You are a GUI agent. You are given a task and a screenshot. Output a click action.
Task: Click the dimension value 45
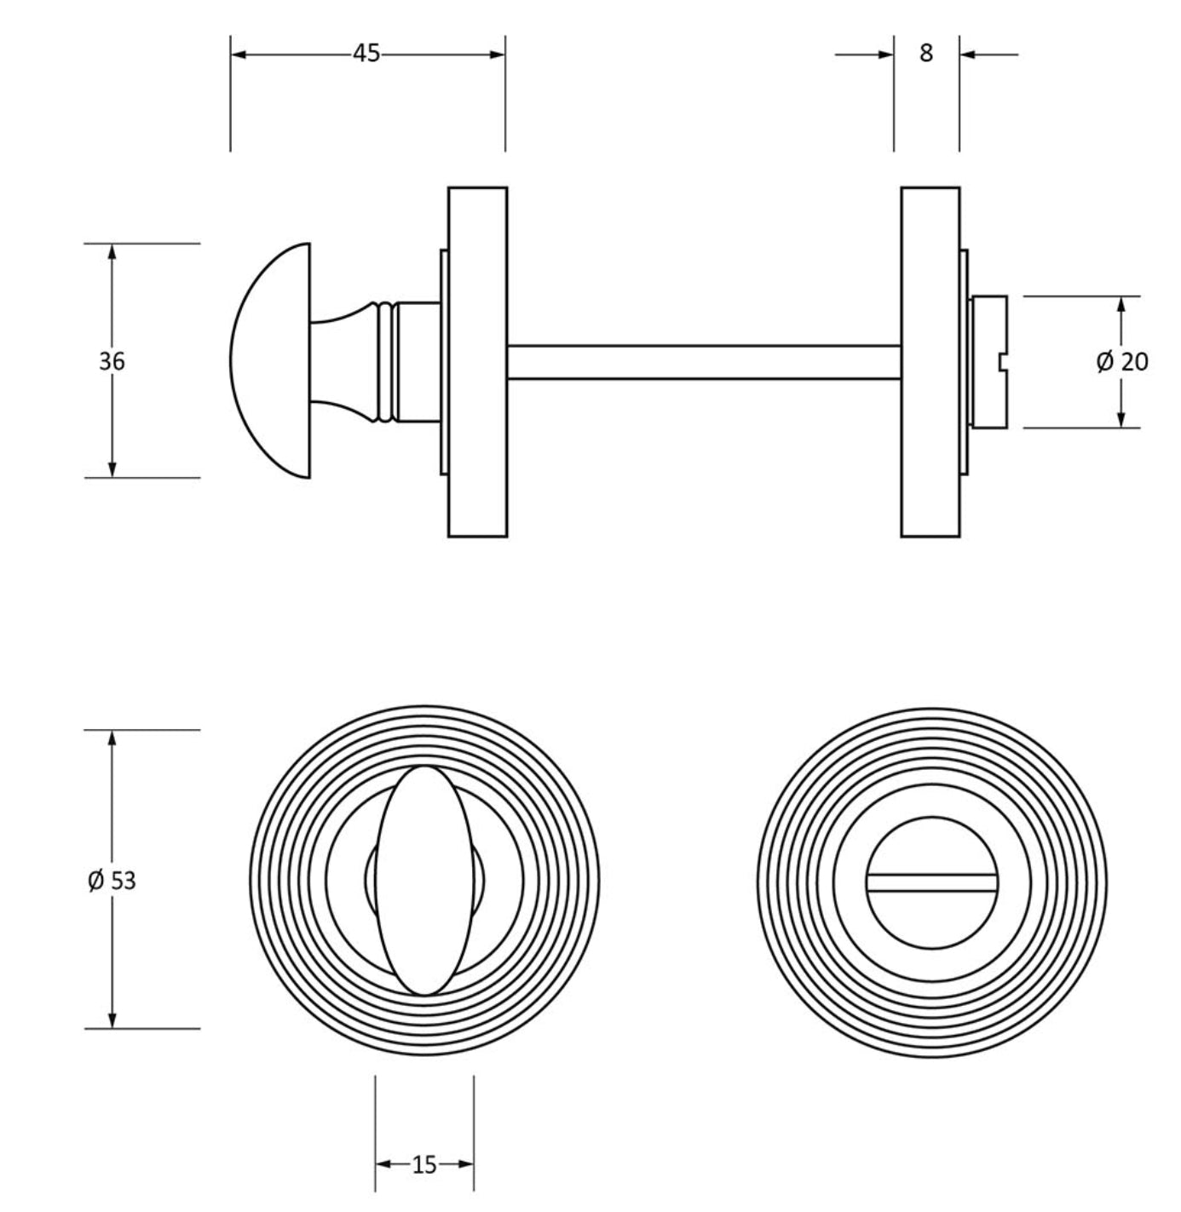click(366, 54)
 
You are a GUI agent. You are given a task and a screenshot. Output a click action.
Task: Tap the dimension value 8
click(926, 54)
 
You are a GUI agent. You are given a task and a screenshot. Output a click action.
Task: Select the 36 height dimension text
click(112, 361)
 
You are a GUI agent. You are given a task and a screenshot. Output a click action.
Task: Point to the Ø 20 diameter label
click(1122, 362)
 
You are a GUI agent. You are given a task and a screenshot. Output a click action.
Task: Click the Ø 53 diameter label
click(112, 881)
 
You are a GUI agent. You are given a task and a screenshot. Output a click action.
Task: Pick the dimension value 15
click(424, 1164)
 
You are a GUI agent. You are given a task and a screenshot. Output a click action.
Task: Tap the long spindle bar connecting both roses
click(704, 362)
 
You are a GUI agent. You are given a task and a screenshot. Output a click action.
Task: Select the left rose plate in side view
click(477, 362)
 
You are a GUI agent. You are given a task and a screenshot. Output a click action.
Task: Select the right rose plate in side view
click(930, 362)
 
